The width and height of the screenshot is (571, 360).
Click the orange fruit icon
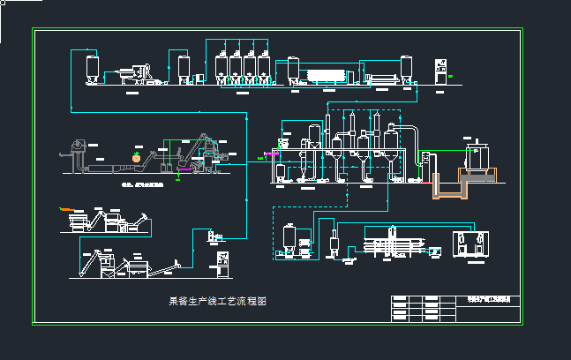click(137, 156)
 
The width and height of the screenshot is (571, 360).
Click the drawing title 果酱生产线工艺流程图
click(217, 301)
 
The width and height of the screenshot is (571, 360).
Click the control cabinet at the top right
click(441, 72)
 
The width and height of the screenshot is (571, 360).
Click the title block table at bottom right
click(455, 309)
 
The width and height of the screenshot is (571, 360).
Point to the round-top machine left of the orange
click(79, 145)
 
